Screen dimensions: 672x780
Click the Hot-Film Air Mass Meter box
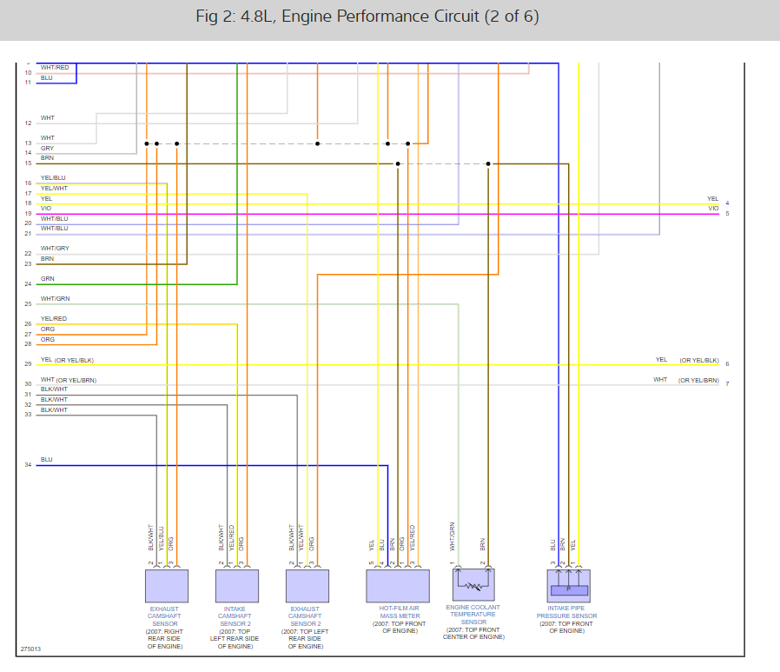[x=398, y=586]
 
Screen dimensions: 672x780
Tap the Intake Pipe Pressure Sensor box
[x=568, y=586]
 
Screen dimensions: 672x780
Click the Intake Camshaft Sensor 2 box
[x=237, y=586]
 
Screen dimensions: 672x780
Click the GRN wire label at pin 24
[x=47, y=279]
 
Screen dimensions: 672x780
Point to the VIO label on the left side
[x=46, y=209]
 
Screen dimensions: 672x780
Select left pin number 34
[x=28, y=465]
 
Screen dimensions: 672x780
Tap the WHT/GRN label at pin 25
[x=54, y=299]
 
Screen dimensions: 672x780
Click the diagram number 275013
[x=30, y=649]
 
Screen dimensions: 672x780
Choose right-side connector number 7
[x=727, y=383]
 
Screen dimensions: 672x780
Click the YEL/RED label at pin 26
[x=53, y=319]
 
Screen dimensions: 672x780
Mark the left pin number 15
[x=28, y=163]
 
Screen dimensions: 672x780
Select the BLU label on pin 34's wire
[x=46, y=459]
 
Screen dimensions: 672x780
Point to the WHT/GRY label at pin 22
[x=54, y=249]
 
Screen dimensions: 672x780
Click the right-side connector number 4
[x=727, y=203]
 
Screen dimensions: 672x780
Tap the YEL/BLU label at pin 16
[x=53, y=178]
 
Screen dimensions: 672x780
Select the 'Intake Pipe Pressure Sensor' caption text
[x=568, y=616]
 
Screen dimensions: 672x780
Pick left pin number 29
[x=28, y=364]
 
